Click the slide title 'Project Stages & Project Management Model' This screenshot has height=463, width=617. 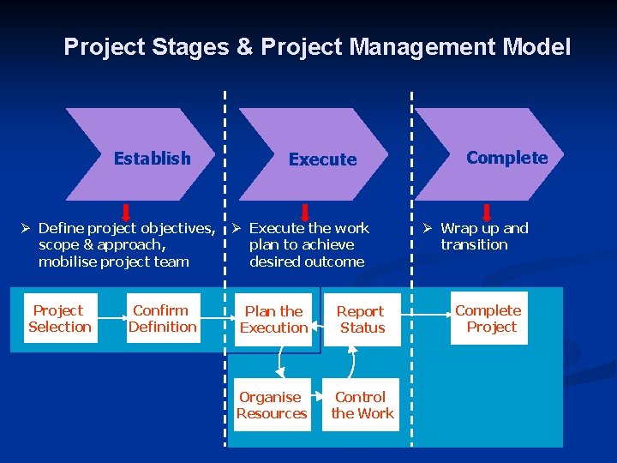(x=317, y=46)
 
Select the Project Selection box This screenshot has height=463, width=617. (x=60, y=318)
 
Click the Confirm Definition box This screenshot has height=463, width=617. (x=163, y=318)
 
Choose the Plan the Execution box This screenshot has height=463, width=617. (x=274, y=319)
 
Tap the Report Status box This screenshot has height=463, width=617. (x=362, y=319)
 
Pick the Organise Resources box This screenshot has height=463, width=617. (x=272, y=405)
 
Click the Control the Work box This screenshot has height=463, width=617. (x=362, y=405)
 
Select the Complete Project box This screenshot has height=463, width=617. (x=488, y=318)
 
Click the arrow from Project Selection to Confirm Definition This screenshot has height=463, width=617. (x=111, y=319)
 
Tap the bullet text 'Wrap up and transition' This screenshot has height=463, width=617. (x=483, y=237)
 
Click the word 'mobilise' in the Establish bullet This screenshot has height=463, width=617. (x=68, y=262)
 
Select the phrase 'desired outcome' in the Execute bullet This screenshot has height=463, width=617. (x=307, y=262)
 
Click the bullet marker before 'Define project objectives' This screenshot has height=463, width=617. (x=26, y=228)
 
